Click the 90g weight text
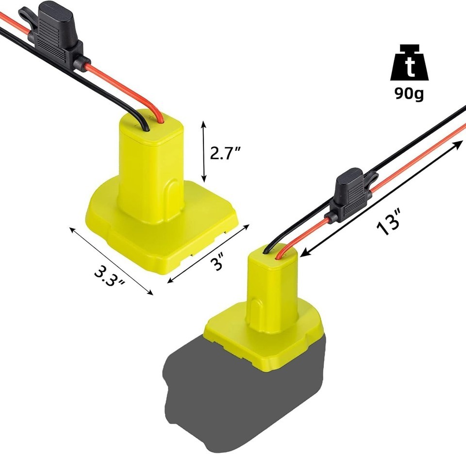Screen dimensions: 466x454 pos(409,94)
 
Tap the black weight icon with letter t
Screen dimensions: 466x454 pos(410,63)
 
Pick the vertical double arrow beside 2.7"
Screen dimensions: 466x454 pos(204,151)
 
